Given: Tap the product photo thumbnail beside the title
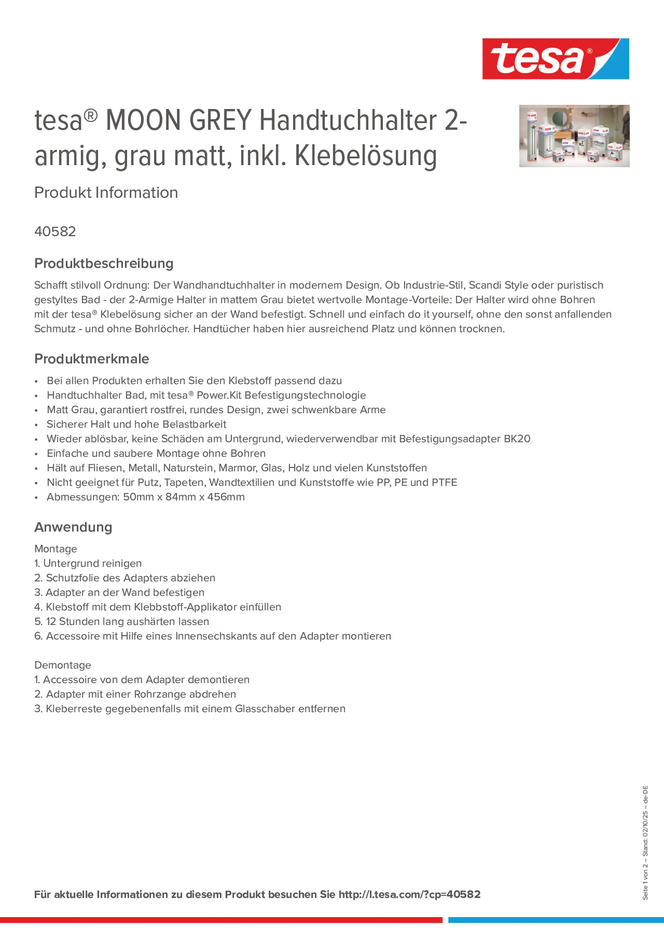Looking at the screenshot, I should click(574, 136).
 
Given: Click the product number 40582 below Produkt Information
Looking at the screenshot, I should click(55, 232).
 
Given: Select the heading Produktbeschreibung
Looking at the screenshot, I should click(103, 263).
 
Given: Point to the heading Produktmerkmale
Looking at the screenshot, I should click(92, 359).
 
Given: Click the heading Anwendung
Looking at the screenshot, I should click(73, 527).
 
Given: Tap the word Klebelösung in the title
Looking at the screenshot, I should click(366, 156).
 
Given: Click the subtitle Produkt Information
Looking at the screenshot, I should click(106, 193).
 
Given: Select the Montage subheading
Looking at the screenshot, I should click(56, 549).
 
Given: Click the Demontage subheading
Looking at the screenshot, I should click(63, 665).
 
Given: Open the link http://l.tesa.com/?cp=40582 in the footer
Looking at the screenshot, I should click(409, 895).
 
